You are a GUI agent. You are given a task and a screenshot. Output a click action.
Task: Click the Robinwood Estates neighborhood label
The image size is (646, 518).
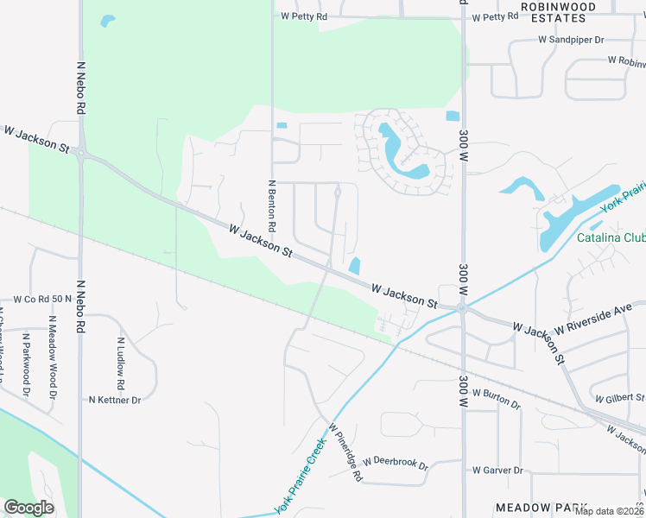tap(558, 11)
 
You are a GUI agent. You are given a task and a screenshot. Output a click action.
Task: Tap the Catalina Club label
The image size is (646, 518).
tap(611, 237)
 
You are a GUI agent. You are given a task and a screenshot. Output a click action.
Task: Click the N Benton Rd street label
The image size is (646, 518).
tap(271, 205)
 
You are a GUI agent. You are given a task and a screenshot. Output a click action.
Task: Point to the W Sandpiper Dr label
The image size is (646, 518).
tap(571, 40)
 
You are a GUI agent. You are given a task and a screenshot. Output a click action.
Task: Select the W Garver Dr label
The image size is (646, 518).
tap(497, 471)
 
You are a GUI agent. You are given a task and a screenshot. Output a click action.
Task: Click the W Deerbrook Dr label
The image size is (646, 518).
tap(396, 463)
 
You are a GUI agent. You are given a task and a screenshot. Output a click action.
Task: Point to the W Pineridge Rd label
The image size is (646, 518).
tap(345, 452)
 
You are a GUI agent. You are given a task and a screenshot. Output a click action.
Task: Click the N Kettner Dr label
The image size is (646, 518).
tap(115, 400)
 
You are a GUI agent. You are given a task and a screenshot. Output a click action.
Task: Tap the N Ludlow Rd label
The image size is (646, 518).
tap(122, 362)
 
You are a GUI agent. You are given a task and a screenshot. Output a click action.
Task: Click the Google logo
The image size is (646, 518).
tap(29, 508)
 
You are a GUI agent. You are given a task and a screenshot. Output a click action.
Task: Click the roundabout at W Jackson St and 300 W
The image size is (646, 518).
tap(463, 307)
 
